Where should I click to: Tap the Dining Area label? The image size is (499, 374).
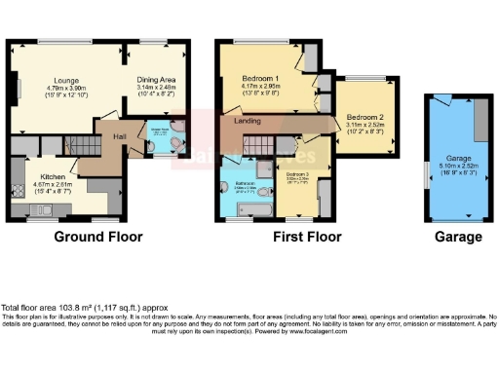click(155, 80)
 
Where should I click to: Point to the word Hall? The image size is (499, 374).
click(120, 137)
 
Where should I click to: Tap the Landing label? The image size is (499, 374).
click(234, 121)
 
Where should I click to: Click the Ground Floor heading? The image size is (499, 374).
click(97, 237)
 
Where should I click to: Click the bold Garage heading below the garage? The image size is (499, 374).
click(457, 237)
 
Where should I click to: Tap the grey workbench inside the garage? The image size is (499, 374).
click(480, 122)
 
